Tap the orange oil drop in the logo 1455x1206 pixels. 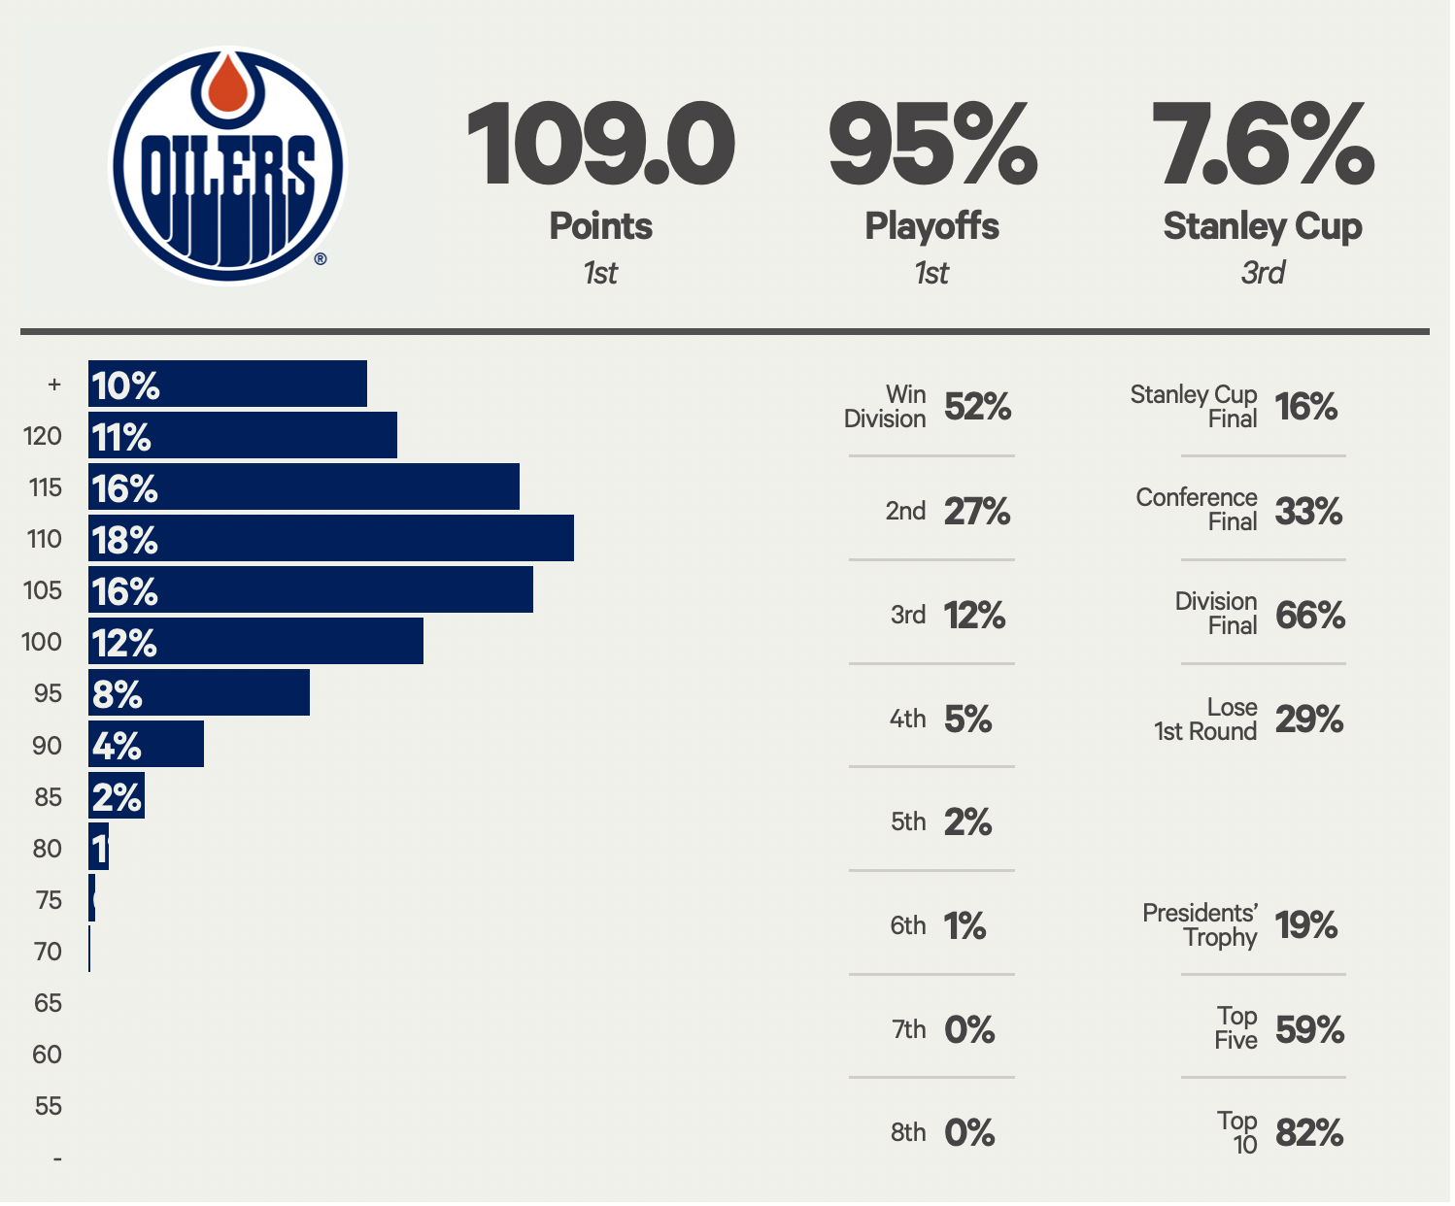tap(228, 84)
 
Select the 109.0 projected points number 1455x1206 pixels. tap(600, 146)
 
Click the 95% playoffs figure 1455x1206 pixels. tap(932, 146)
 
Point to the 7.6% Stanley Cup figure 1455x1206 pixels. tap(1263, 146)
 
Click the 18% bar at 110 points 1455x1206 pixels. tap(331, 539)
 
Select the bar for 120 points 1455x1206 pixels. tap(243, 435)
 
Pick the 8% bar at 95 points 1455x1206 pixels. tap(199, 693)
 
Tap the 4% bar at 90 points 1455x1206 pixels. tap(146, 745)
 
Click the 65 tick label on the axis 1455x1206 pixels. tap(48, 1003)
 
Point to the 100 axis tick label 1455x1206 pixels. tap(42, 642)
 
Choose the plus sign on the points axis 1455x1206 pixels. tap(54, 385)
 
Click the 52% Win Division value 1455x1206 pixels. tap(978, 407)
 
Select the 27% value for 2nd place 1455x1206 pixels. tap(977, 511)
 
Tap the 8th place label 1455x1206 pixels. tap(908, 1132)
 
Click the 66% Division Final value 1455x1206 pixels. tap(1309, 615)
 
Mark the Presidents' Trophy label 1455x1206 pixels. tap(1201, 924)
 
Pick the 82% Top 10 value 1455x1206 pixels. tap(1309, 1132)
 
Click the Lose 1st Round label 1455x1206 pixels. tap(1205, 719)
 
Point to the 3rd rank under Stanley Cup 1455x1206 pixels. tap(1263, 273)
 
